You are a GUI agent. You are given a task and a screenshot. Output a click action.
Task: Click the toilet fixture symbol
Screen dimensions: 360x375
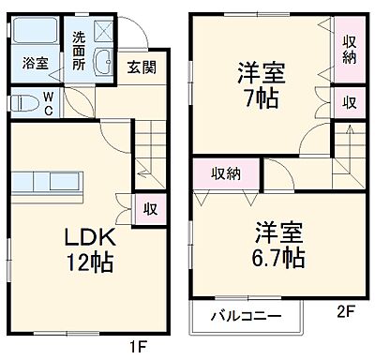tap(22, 100)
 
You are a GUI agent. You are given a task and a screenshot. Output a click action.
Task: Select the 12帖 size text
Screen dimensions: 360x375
tap(87, 262)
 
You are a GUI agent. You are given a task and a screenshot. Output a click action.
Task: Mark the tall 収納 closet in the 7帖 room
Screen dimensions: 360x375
tap(349, 49)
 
